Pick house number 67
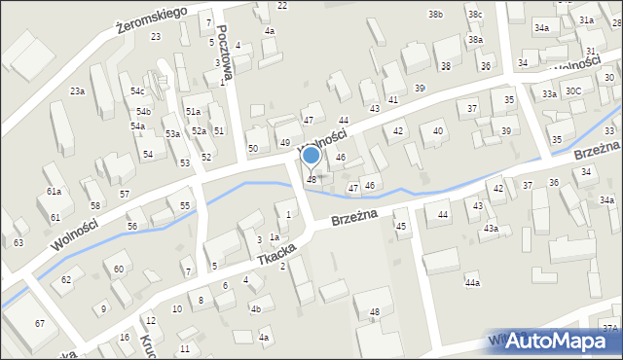click(x=40, y=323)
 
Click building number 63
click(x=18, y=242)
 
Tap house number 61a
click(x=54, y=192)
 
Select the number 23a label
click(x=77, y=90)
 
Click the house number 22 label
click(x=282, y=6)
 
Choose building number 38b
click(x=436, y=15)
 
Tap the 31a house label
click(x=586, y=19)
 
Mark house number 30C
click(x=574, y=90)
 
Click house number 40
click(x=438, y=130)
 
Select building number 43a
click(x=492, y=229)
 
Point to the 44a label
click(x=472, y=282)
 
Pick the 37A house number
click(x=610, y=328)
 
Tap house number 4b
click(x=256, y=309)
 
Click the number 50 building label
click(x=253, y=148)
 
